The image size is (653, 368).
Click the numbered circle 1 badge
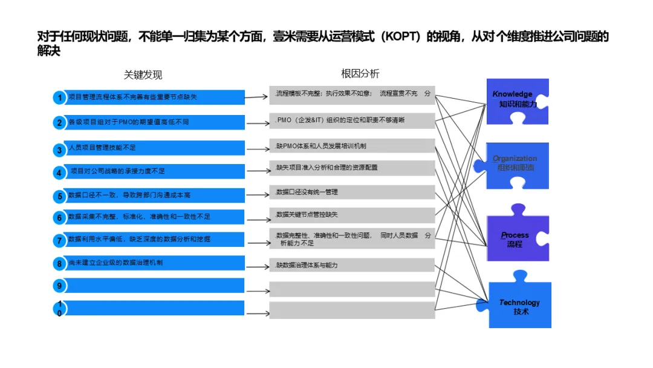(x=59, y=97)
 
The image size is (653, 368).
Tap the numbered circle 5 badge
(x=59, y=196)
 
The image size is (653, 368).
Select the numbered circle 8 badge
(x=59, y=264)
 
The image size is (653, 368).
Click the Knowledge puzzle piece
(x=517, y=100)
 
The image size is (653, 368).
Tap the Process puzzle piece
(x=518, y=238)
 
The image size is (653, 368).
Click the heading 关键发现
(x=143, y=75)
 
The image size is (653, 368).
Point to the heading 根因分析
(x=360, y=74)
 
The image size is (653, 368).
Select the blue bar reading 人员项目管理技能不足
(x=151, y=148)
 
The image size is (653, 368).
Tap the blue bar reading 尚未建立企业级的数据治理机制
(x=151, y=263)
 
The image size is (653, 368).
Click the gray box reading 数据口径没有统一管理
(x=352, y=192)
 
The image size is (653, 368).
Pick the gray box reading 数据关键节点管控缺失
(x=352, y=215)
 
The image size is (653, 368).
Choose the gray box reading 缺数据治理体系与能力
(x=352, y=265)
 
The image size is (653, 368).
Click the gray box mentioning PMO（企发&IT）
(x=352, y=120)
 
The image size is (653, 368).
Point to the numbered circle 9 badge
(x=59, y=286)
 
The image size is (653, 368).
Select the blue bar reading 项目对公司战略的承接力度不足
(x=151, y=171)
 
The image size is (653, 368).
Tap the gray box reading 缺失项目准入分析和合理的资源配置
(x=352, y=168)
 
